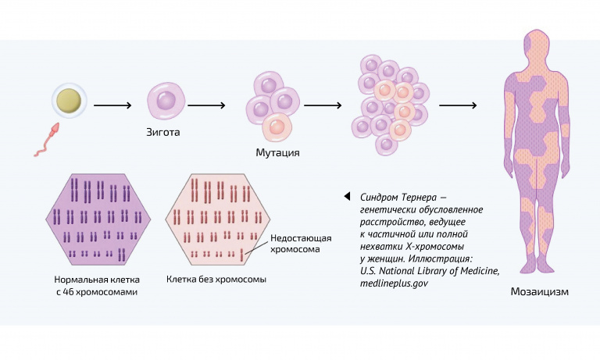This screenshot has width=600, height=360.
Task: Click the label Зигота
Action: (163, 132)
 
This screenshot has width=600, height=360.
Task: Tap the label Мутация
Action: (277, 152)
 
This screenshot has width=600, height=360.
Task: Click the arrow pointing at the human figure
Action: (457, 104)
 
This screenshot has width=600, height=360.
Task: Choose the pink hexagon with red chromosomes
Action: (210, 221)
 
